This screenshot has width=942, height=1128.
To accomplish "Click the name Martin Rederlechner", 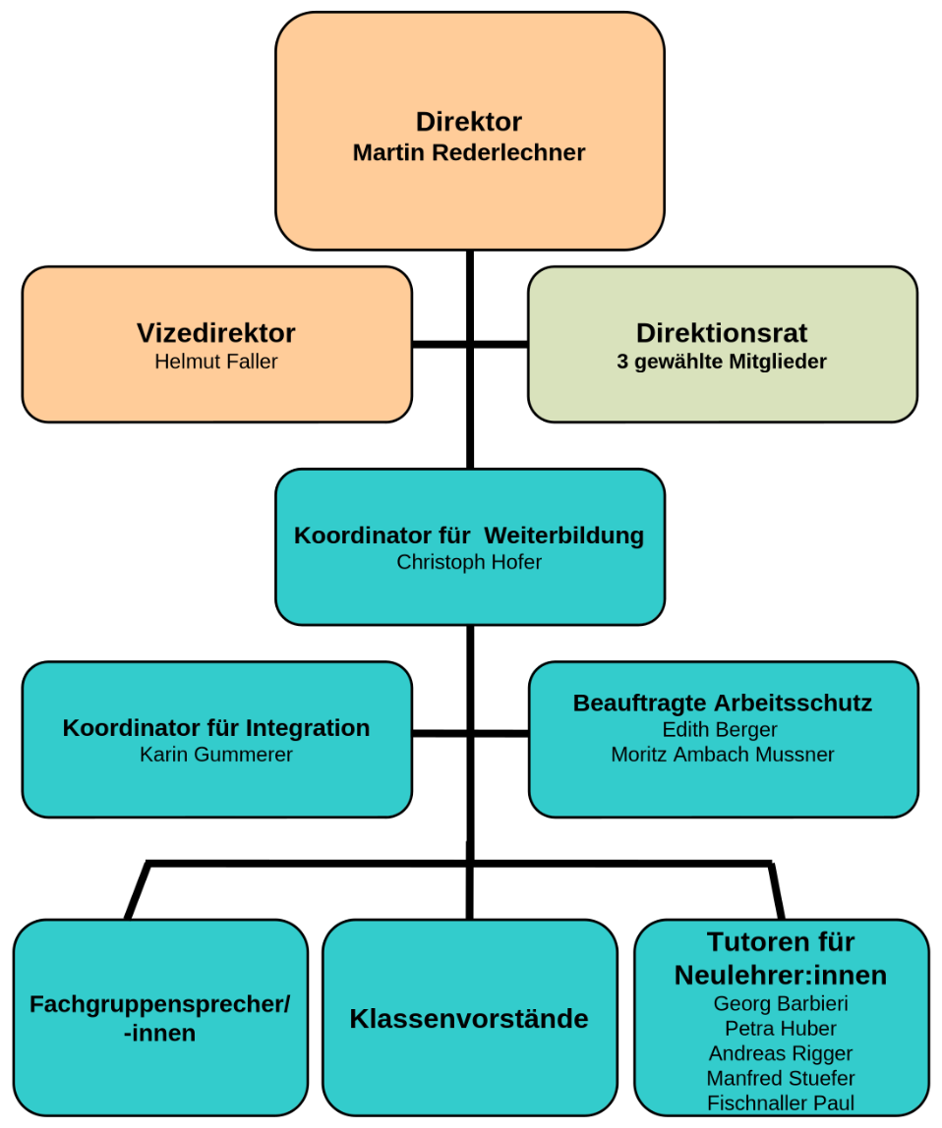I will tap(469, 153).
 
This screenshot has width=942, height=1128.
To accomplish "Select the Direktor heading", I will tap(469, 122).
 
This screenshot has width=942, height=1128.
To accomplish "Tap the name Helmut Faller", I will tap(216, 362).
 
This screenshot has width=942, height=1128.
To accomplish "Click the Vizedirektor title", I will tap(216, 333).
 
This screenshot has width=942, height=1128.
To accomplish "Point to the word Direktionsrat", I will tap(722, 332).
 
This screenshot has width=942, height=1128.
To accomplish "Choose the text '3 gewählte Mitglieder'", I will tap(722, 362).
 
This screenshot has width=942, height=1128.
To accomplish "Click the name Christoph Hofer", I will tap(469, 562).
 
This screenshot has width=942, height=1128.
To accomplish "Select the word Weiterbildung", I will tap(564, 536).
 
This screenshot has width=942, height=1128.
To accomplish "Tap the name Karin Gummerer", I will tap(216, 755).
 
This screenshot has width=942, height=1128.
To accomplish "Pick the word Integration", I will tap(308, 728).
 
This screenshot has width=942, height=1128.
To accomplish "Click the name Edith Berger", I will tap(722, 729).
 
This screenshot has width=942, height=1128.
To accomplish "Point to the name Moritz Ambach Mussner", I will tap(722, 755).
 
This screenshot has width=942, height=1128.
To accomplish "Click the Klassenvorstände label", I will tap(469, 1019).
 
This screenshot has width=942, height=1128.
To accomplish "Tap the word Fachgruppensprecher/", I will tap(160, 1004).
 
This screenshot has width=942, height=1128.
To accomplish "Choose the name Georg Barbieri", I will tap(781, 1003).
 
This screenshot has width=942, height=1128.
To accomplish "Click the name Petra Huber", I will tap(781, 1029).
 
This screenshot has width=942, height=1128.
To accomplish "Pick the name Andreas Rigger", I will tap(781, 1053).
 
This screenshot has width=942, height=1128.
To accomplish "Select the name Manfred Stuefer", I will tap(781, 1078).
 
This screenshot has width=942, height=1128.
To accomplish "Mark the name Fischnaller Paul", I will tap(781, 1102).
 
